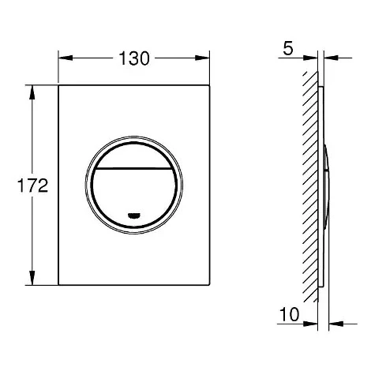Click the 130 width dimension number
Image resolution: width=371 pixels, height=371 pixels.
pyautogui.click(x=134, y=58)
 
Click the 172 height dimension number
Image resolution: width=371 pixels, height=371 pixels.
pyautogui.click(x=32, y=185)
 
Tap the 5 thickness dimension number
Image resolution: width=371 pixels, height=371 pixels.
pyautogui.click(x=288, y=48)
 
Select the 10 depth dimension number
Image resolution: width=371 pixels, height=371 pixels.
pyautogui.click(x=290, y=314)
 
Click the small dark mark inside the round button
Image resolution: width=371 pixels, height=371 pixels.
pyautogui.click(x=133, y=215)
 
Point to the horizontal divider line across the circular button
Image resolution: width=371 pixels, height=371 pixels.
pyautogui.click(x=134, y=168)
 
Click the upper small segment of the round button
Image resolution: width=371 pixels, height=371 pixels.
pyautogui.click(x=134, y=156)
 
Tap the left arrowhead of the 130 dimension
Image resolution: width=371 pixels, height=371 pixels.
pyautogui.click(x=66, y=58)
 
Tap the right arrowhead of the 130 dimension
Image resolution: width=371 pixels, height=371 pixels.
pyautogui.click(x=202, y=58)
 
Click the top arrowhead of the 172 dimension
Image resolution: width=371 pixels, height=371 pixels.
pyautogui.click(x=32, y=92)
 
